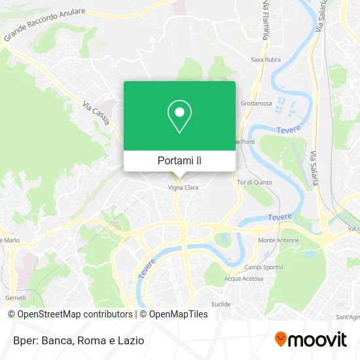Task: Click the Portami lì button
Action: click(x=179, y=160)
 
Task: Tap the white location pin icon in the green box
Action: click(x=179, y=117)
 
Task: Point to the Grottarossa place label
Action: click(x=255, y=103)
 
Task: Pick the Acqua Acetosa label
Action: click(x=243, y=278)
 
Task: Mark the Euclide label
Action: click(x=221, y=304)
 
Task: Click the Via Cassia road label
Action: click(x=96, y=112)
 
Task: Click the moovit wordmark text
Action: click(x=319, y=339)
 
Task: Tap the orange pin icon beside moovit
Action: click(x=281, y=340)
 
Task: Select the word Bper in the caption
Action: click(x=20, y=340)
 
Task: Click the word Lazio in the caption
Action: click(x=131, y=340)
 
